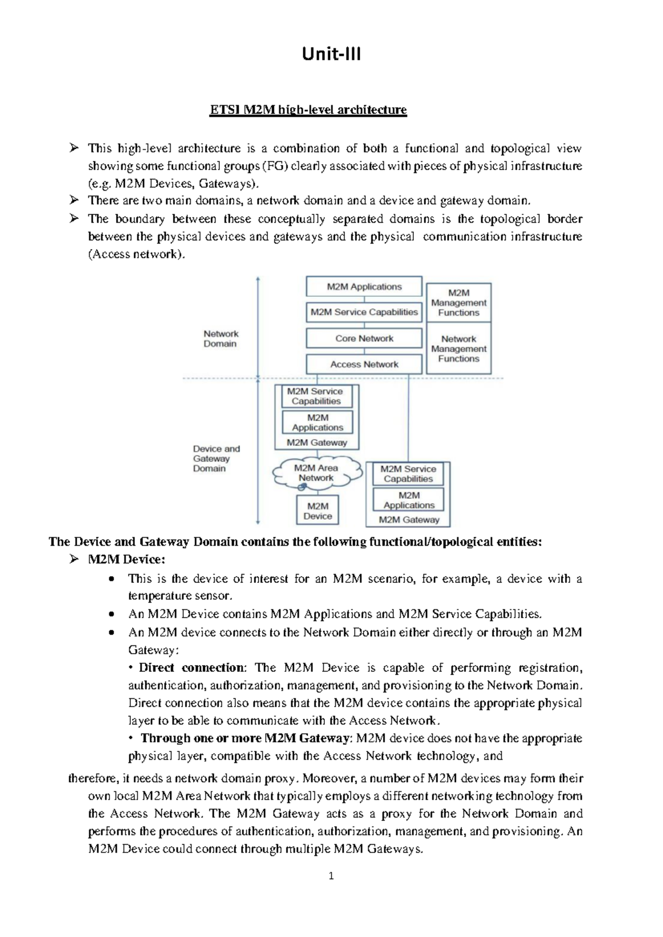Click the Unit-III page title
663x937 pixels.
[331, 54]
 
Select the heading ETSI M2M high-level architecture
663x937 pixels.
[308, 110]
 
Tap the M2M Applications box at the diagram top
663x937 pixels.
[364, 287]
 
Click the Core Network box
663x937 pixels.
[364, 338]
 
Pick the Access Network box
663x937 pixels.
[364, 365]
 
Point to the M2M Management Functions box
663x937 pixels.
[459, 303]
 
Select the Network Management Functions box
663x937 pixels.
[459, 349]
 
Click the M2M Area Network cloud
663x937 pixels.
[317, 473]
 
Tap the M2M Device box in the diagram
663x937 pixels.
[318, 511]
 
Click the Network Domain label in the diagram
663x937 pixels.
[220, 339]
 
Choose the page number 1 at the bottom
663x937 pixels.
[331, 876]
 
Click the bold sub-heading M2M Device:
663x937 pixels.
[127, 559]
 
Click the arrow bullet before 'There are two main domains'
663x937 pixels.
[74, 200]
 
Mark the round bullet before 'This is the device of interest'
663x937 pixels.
[113, 579]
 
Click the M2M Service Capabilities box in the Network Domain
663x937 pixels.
[364, 312]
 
